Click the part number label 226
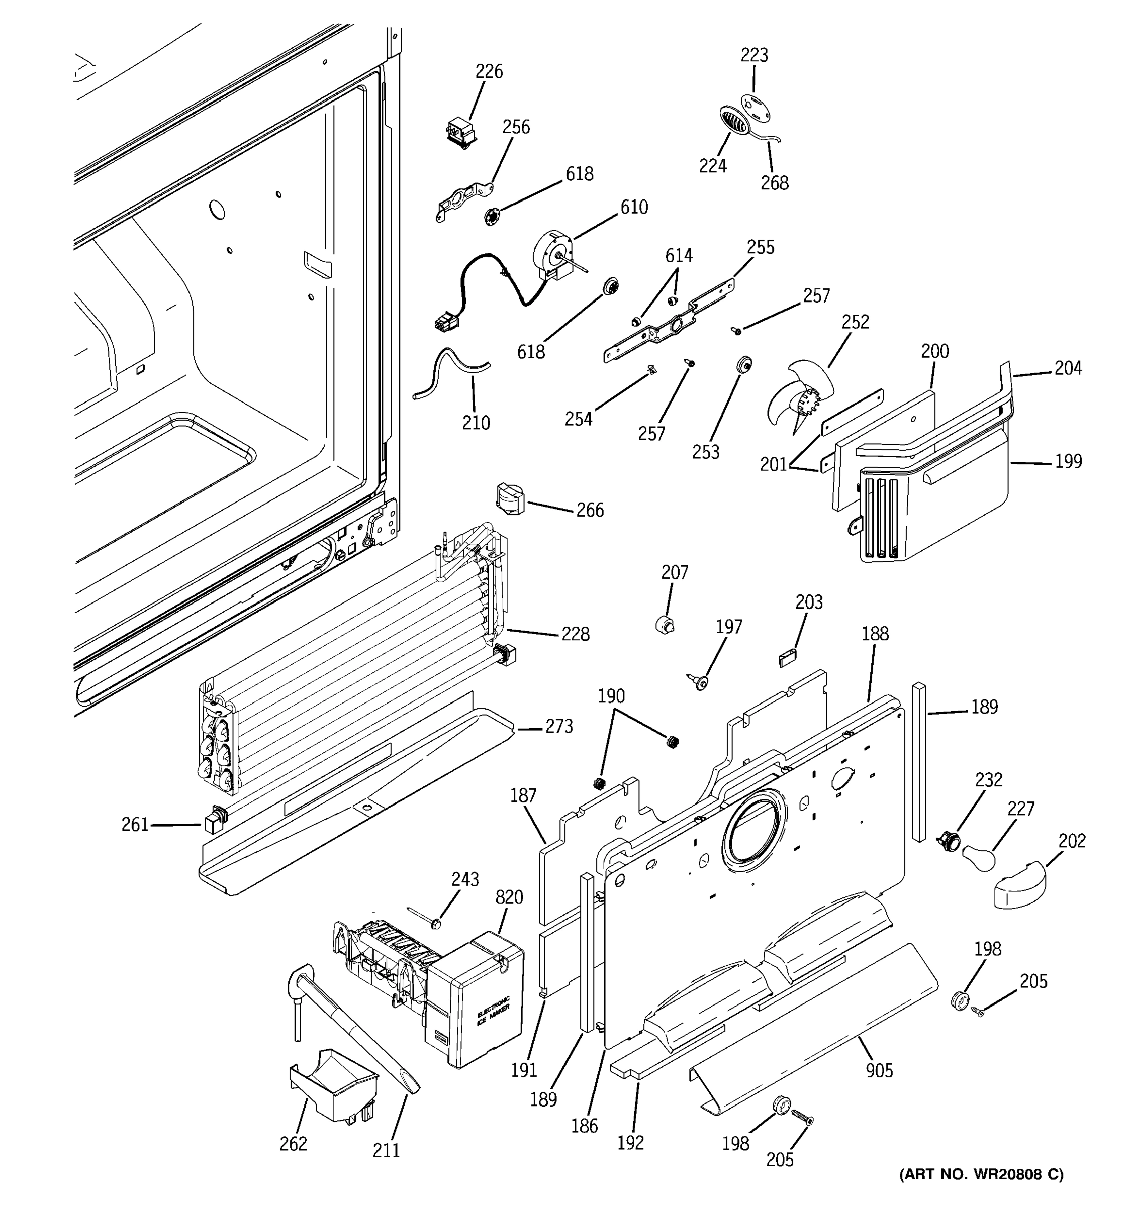click(489, 71)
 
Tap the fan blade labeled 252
click(792, 401)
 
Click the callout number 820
click(509, 896)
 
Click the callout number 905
click(879, 1071)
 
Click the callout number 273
click(558, 726)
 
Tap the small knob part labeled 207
click(665, 624)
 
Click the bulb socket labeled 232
click(948, 841)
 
